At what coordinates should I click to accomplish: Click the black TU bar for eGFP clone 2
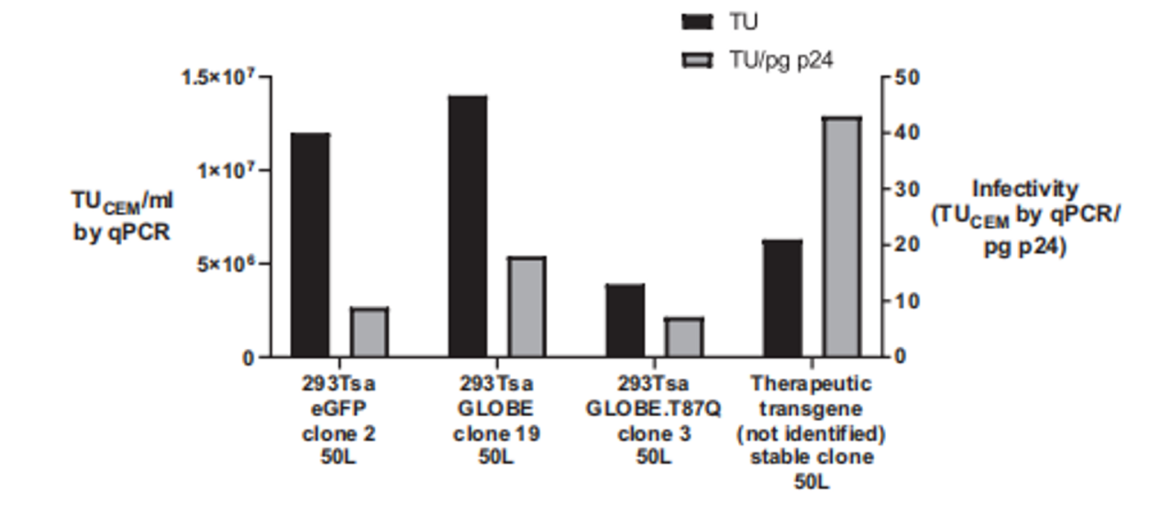click(310, 245)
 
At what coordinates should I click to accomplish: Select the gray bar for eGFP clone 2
click(369, 332)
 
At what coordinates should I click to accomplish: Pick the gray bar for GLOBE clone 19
click(526, 307)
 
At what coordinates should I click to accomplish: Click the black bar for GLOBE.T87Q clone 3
click(625, 320)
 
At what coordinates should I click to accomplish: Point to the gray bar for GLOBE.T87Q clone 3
click(683, 337)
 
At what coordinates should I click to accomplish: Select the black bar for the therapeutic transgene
click(782, 298)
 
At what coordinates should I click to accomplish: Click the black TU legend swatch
click(698, 22)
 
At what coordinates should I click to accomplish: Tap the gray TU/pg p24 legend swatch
click(698, 60)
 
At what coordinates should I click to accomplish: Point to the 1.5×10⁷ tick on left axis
click(217, 77)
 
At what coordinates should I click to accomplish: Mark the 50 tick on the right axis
click(907, 77)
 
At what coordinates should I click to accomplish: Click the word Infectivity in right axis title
click(1024, 189)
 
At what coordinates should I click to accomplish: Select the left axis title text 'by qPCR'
click(121, 232)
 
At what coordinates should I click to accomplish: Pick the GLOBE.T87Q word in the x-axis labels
click(652, 409)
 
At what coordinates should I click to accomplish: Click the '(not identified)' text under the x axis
click(810, 433)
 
